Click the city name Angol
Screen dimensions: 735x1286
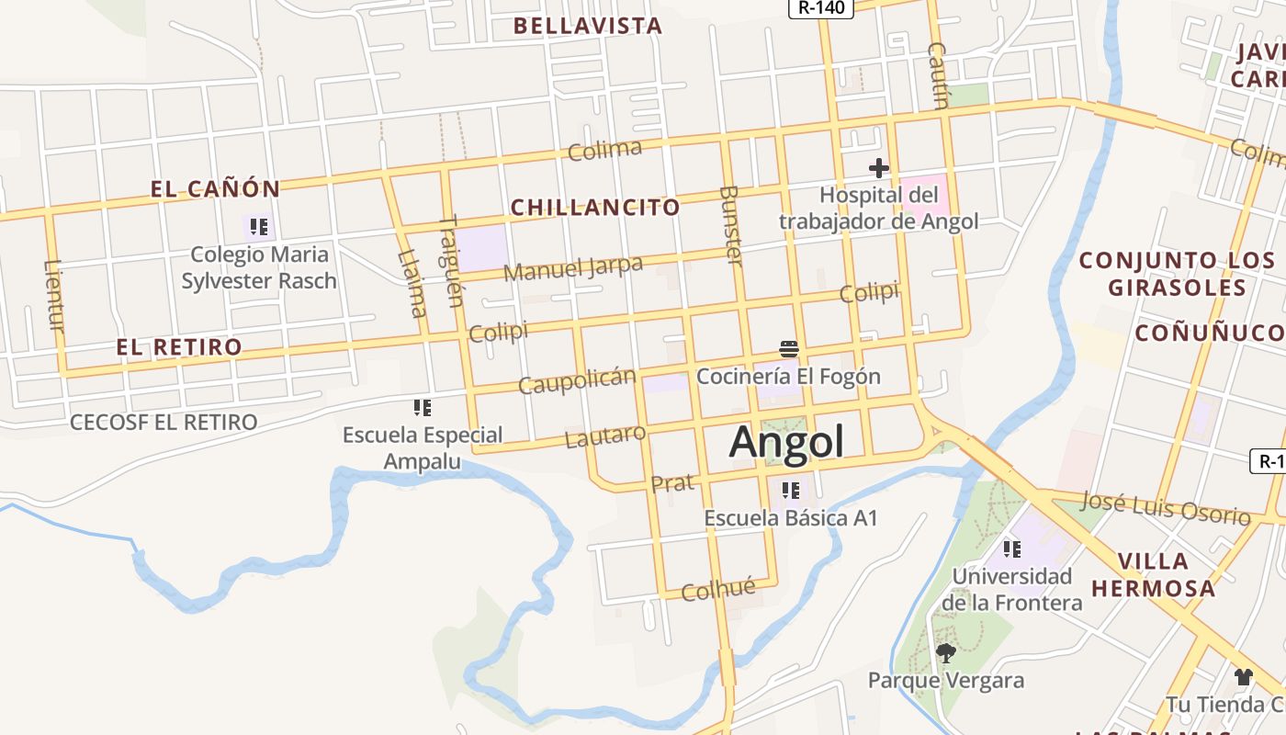coord(785,442)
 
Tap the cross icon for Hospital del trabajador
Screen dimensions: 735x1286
coord(879,168)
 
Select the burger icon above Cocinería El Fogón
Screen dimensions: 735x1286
coord(788,349)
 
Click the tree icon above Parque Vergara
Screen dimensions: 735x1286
coord(945,653)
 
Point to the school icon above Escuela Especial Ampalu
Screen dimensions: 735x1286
coord(423,407)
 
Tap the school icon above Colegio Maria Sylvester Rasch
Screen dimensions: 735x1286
coord(259,226)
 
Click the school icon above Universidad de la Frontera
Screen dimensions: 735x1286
coord(1012,549)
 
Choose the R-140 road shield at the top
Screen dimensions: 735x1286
coord(820,8)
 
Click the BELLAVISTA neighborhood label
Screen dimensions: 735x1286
coord(588,26)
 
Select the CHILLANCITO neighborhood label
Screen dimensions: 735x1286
coord(595,208)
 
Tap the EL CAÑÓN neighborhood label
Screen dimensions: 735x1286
coord(216,189)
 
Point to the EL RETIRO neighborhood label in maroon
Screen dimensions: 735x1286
coord(179,347)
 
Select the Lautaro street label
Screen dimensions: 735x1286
coord(605,435)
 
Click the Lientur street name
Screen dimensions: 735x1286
coord(54,295)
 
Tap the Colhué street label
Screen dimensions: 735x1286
coord(718,589)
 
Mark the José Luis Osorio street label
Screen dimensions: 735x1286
coord(1165,507)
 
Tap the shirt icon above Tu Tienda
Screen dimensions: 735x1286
coord(1243,677)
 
